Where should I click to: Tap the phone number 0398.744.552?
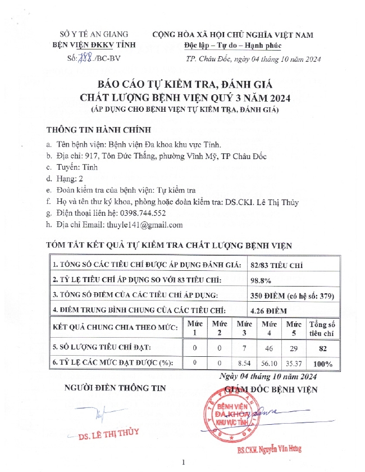(x=139, y=214)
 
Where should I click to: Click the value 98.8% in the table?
(x=260, y=279)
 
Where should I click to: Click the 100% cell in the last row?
(x=322, y=364)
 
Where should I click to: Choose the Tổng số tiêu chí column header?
(x=322, y=329)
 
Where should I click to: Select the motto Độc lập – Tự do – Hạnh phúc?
(x=232, y=46)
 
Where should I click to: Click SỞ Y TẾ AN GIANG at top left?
(x=94, y=35)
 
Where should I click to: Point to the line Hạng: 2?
(x=71, y=179)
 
